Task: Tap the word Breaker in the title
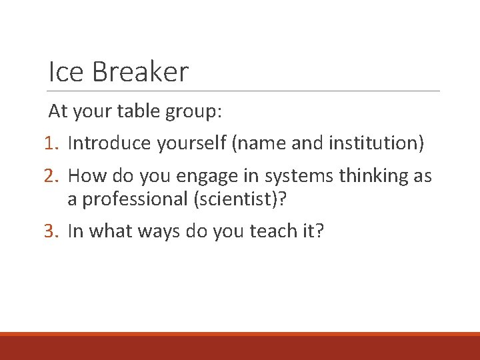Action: [141, 71]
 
